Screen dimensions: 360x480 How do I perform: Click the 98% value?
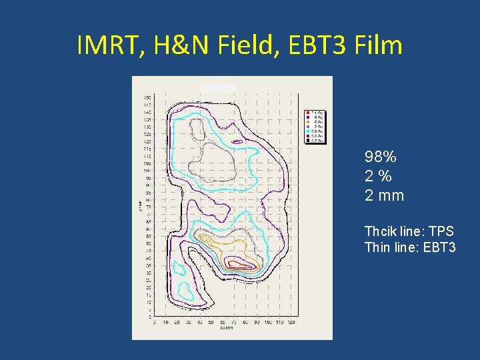(381, 157)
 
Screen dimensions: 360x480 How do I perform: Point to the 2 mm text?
(384, 196)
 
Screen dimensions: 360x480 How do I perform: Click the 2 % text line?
(378, 177)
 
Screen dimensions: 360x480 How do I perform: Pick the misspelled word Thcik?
(380, 231)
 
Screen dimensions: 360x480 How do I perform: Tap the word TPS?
(441, 231)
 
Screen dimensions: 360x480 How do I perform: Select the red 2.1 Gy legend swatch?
(308, 113)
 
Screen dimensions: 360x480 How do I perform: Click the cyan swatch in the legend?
(308, 127)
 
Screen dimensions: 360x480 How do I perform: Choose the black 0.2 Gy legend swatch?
(308, 141)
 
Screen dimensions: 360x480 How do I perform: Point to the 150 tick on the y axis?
(147, 98)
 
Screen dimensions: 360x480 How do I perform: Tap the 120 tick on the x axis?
(290, 323)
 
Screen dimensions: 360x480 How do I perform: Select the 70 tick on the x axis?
(234, 323)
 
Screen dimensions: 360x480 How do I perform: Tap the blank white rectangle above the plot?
(218, 87)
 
